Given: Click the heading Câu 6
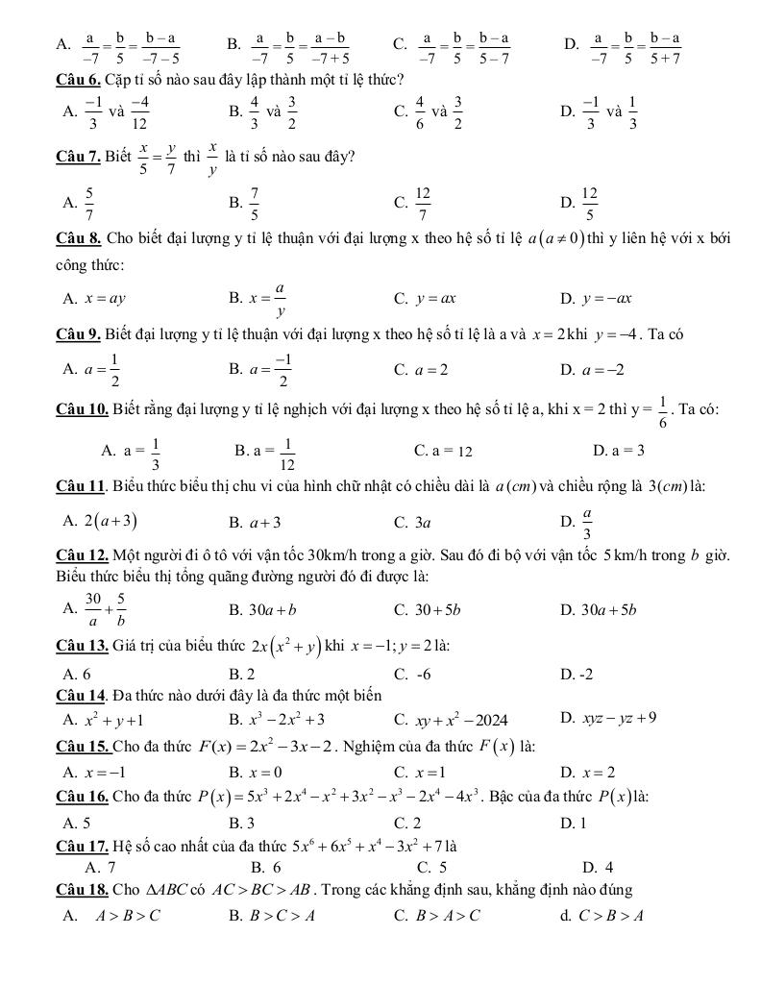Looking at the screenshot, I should (x=80, y=78).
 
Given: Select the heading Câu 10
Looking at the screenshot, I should (x=83, y=408).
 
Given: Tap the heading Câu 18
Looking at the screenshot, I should (x=83, y=889).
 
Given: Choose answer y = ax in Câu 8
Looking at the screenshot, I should (x=435, y=298).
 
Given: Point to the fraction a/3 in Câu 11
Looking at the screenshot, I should (x=587, y=524).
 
